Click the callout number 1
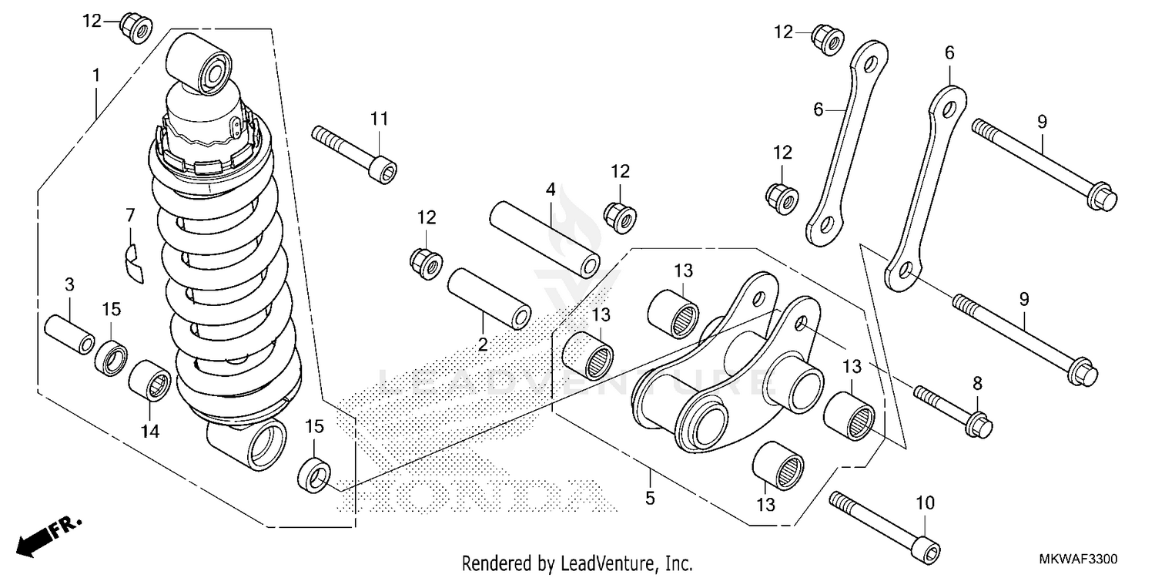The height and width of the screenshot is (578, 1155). (95, 76)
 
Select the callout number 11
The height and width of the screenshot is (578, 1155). (378, 119)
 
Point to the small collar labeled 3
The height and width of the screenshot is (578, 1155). (69, 332)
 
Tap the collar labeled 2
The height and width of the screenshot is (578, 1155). (490, 297)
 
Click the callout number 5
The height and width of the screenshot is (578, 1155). (650, 499)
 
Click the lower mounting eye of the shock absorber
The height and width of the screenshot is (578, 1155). (262, 446)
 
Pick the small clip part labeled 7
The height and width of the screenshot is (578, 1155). (133, 260)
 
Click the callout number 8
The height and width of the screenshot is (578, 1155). (977, 382)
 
